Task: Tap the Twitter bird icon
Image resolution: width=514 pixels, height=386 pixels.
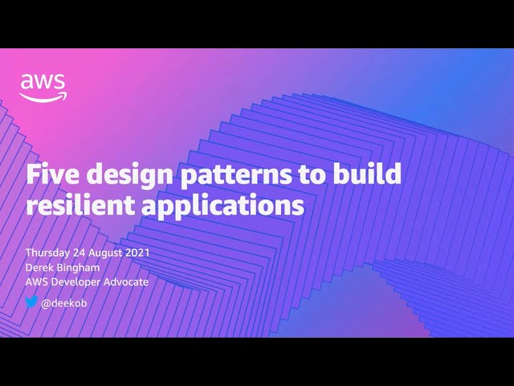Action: click(31, 302)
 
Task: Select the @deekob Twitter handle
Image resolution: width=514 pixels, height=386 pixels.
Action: click(65, 303)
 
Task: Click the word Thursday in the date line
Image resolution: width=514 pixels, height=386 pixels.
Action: click(49, 253)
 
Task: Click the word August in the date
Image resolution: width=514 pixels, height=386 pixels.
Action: click(104, 253)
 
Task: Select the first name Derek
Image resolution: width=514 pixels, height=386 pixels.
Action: click(40, 267)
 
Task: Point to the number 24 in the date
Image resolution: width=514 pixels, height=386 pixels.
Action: click(80, 253)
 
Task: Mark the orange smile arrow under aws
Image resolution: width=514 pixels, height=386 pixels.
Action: click(43, 97)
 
